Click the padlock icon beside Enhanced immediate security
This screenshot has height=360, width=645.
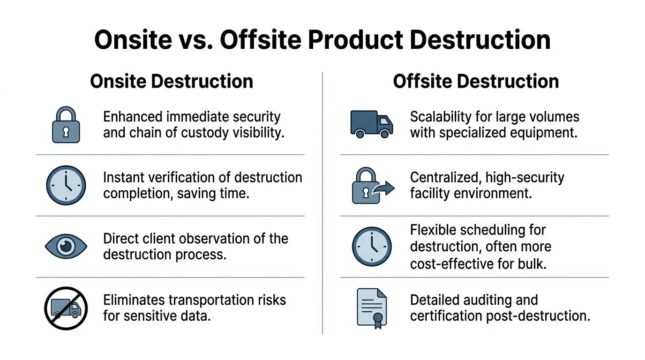tap(66, 125)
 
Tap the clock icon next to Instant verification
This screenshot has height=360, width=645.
tap(66, 185)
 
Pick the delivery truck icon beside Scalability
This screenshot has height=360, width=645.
tap(372, 124)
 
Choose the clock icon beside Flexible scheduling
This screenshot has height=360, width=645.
tap(372, 247)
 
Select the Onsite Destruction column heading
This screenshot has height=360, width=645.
tap(172, 81)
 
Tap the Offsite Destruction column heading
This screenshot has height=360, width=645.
tap(476, 81)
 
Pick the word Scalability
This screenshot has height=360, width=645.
tap(439, 117)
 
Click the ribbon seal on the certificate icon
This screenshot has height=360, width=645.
tap(378, 318)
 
